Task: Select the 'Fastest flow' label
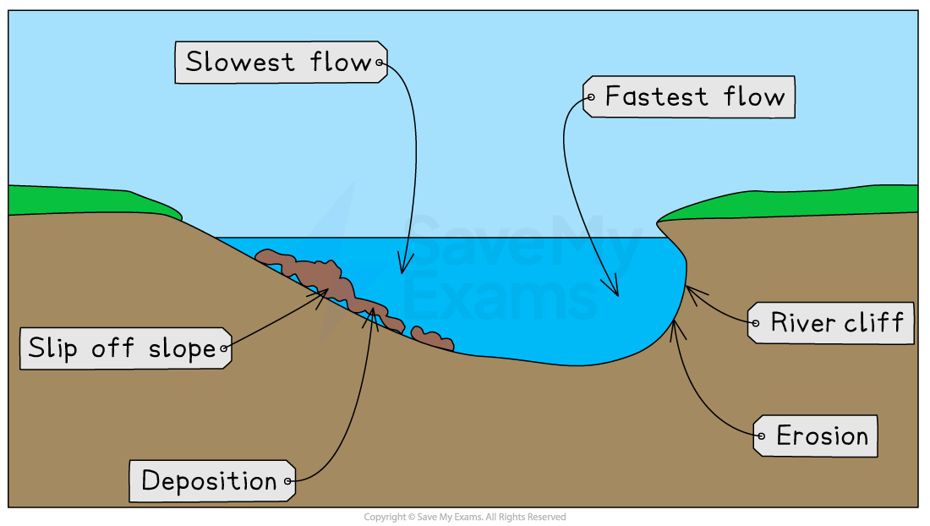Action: (x=688, y=97)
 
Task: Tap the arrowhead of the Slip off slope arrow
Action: (x=327, y=291)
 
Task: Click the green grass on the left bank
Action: (x=85, y=201)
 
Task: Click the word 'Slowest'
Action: (x=241, y=63)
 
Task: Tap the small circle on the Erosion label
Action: (x=759, y=436)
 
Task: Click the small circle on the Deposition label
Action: (x=288, y=482)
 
